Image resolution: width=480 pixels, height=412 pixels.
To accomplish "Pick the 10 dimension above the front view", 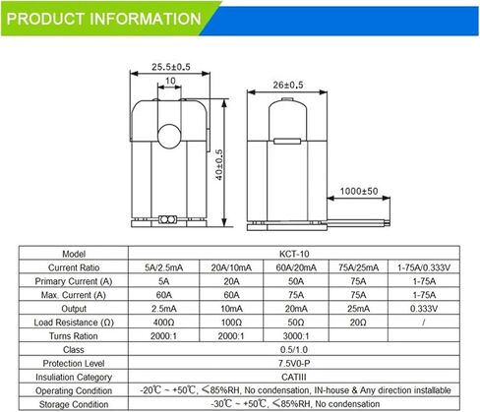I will (170, 82).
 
